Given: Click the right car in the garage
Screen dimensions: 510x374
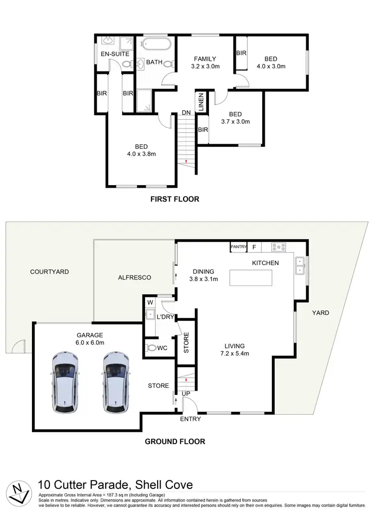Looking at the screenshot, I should point(116,383).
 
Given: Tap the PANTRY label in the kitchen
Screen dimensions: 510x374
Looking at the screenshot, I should point(239,247).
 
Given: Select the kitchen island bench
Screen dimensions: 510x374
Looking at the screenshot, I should point(251,277).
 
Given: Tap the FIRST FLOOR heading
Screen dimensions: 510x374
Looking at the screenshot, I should point(175,199).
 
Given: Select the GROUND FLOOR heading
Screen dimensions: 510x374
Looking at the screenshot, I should point(175,441).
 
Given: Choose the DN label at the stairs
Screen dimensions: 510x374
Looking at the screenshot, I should point(186,113).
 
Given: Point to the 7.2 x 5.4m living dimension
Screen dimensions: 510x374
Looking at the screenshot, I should point(234,354).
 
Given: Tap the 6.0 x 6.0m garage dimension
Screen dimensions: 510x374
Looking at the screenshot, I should point(90,343).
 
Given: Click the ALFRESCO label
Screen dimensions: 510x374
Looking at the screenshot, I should point(134,277).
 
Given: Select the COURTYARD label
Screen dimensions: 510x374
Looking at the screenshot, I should point(49,272).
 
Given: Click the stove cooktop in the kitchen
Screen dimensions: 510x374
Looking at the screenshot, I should point(278,247).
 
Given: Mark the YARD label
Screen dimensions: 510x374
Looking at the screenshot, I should point(321,313).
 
